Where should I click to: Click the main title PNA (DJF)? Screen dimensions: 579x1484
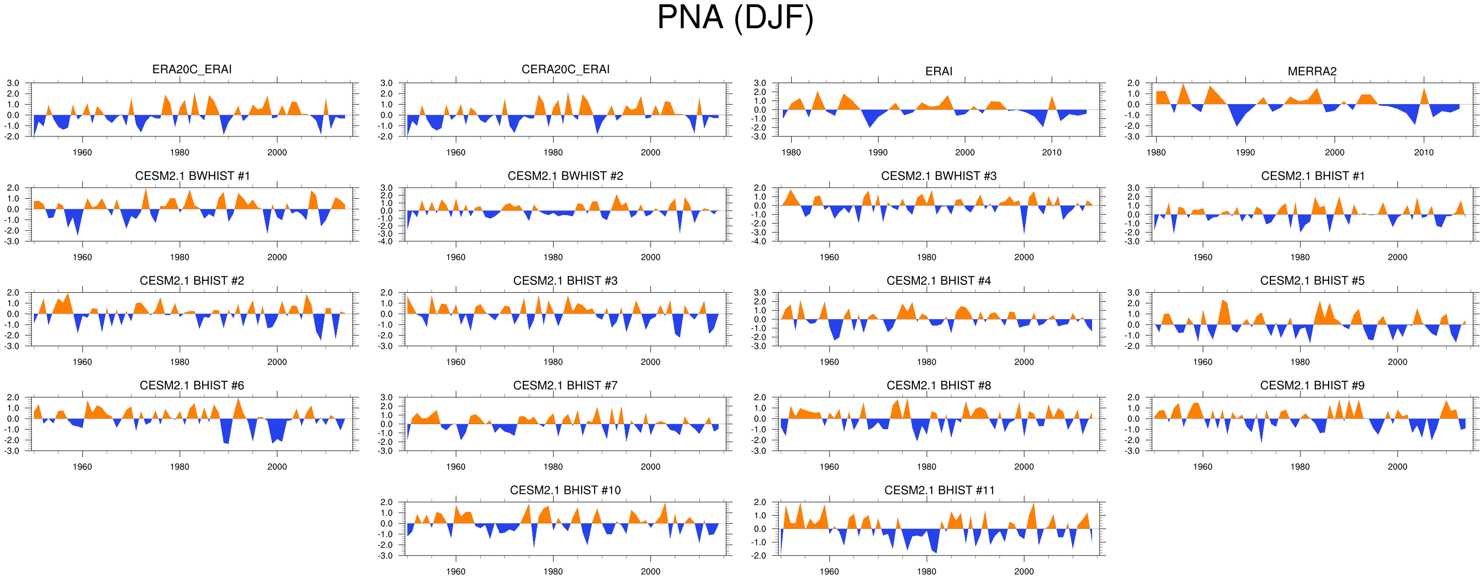tap(735, 17)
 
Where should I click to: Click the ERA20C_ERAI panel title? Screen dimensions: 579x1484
tap(192, 69)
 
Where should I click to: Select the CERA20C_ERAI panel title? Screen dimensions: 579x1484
tap(565, 69)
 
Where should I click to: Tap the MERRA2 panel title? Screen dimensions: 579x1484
tap(1312, 71)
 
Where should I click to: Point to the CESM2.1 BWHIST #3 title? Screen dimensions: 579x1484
tap(938, 176)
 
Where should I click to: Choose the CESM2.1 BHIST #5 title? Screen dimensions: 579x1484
tap(1312, 281)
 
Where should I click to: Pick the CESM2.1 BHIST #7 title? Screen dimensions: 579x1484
tap(565, 385)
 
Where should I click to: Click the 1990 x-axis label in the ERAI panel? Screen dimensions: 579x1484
tap(877, 153)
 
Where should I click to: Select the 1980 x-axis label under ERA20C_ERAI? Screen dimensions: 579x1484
tap(179, 153)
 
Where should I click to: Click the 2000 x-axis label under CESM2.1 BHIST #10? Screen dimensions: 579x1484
tap(650, 572)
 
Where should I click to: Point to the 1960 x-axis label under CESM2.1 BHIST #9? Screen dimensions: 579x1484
tap(1202, 466)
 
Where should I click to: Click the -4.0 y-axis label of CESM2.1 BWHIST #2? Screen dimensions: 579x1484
tap(386, 241)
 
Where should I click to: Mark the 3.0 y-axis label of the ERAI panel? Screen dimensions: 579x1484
tap(760, 84)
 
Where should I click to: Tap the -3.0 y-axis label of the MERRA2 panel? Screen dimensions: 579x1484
tap(1133, 137)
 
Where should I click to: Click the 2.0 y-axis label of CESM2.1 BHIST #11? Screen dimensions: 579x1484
tap(760, 502)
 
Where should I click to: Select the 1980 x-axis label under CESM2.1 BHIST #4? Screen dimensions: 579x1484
tap(926, 362)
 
